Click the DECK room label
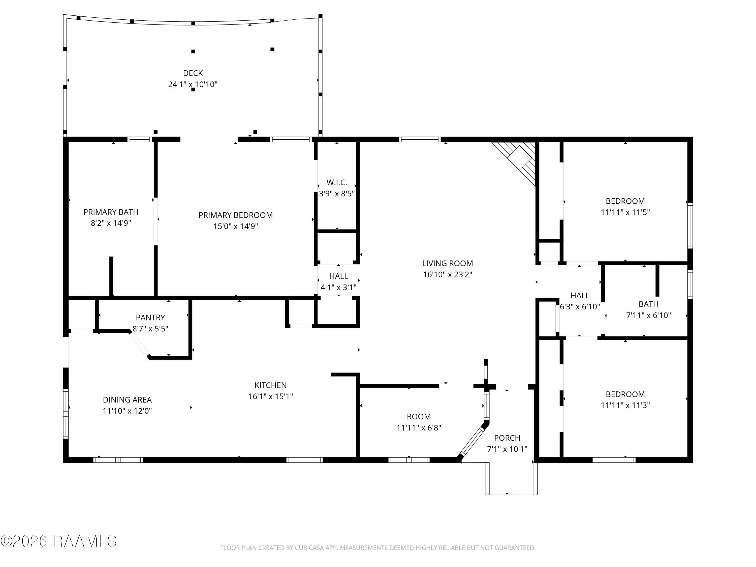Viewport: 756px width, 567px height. click(193, 73)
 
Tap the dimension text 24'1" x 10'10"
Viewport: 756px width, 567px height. click(193, 84)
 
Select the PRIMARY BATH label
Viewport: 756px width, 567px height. click(111, 212)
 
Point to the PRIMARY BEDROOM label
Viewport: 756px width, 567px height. click(235, 215)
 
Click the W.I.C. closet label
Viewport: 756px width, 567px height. click(337, 182)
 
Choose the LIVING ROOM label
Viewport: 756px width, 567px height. click(447, 263)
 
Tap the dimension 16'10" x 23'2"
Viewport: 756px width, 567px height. click(447, 274)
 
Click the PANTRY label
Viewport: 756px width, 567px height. click(150, 318)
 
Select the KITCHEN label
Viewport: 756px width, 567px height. click(270, 385)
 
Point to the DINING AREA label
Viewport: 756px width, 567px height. click(127, 399)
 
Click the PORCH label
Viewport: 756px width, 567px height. click(507, 438)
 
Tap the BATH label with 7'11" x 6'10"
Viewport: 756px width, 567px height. click(648, 304)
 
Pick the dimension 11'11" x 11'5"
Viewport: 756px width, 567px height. click(625, 212)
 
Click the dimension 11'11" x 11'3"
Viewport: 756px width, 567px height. click(625, 405)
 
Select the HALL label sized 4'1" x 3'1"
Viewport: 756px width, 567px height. click(338, 276)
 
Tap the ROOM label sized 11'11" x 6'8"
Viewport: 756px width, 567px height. click(419, 417)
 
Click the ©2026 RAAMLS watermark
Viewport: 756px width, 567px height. click(58, 541)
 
